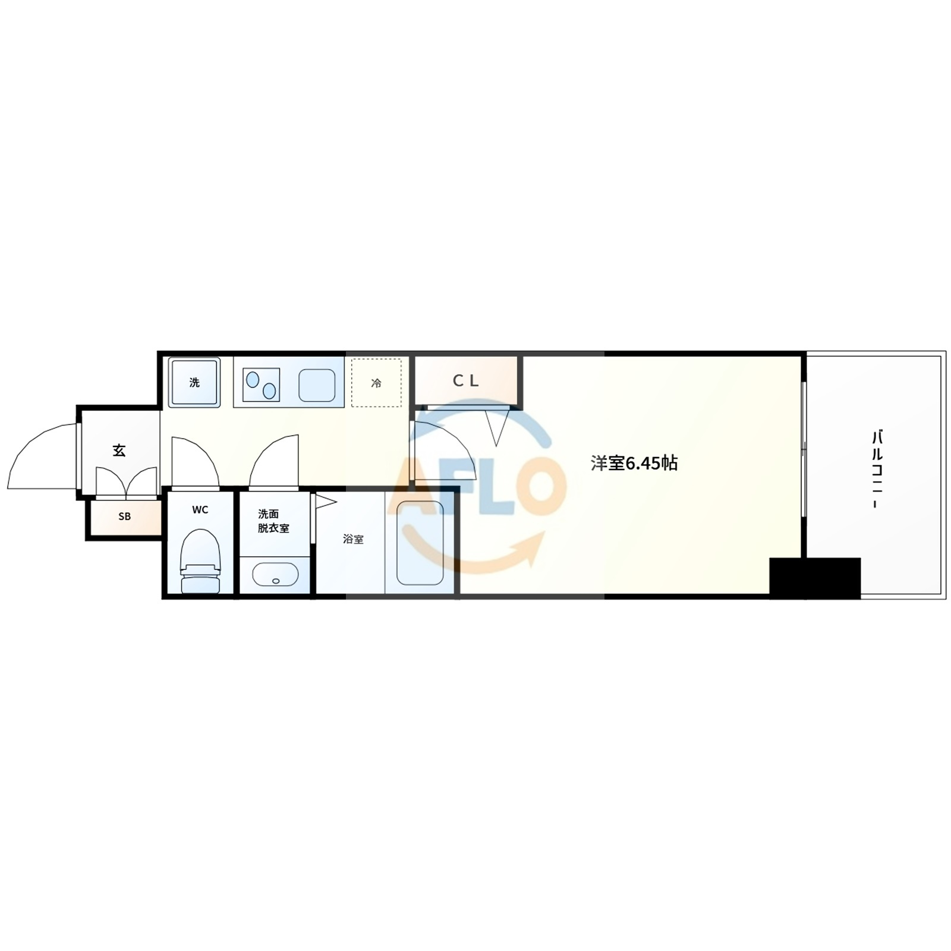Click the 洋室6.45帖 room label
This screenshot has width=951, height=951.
click(x=634, y=463)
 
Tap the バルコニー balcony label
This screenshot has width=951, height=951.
click(x=877, y=470)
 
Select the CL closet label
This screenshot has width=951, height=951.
click(x=465, y=381)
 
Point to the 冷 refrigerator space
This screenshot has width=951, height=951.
click(x=376, y=383)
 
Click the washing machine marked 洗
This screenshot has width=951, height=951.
click(x=194, y=382)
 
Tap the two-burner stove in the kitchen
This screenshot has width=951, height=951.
click(x=261, y=385)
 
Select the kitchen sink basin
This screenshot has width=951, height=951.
click(x=317, y=385)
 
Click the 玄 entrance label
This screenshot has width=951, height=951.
click(x=119, y=451)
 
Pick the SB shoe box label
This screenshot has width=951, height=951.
click(x=124, y=517)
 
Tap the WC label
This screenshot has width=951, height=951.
click(x=200, y=510)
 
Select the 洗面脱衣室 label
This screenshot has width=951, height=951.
click(x=273, y=521)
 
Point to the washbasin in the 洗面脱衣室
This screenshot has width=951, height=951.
click(x=275, y=574)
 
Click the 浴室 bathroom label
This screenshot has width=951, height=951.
click(x=353, y=539)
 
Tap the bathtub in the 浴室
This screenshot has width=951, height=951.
click(x=420, y=543)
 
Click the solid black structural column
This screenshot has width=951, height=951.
click(x=815, y=578)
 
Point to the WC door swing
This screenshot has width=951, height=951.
click(x=195, y=462)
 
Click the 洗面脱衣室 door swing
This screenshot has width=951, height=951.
click(x=274, y=461)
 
